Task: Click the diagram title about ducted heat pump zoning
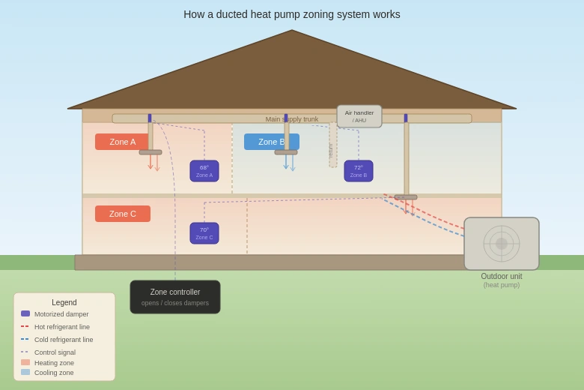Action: tap(292, 14)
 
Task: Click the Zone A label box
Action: tap(123, 142)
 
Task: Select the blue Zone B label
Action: tap(272, 142)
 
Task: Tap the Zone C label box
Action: tap(123, 214)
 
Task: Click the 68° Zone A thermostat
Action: tap(204, 171)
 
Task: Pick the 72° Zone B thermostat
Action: tap(359, 171)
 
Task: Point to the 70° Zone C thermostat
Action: tap(204, 233)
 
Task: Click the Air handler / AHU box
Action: tap(359, 116)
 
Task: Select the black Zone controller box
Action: tap(175, 297)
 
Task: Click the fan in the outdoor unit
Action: tap(502, 244)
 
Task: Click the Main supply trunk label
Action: tap(292, 119)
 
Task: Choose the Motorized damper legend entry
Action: tap(25, 313)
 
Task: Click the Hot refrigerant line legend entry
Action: tap(25, 326)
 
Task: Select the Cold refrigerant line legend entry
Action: tap(25, 339)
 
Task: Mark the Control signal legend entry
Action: tap(25, 352)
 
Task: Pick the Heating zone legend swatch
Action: tap(25, 362)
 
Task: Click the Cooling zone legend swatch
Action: tap(25, 372)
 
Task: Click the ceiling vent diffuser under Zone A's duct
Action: tap(150, 152)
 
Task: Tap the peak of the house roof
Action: tap(292, 31)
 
